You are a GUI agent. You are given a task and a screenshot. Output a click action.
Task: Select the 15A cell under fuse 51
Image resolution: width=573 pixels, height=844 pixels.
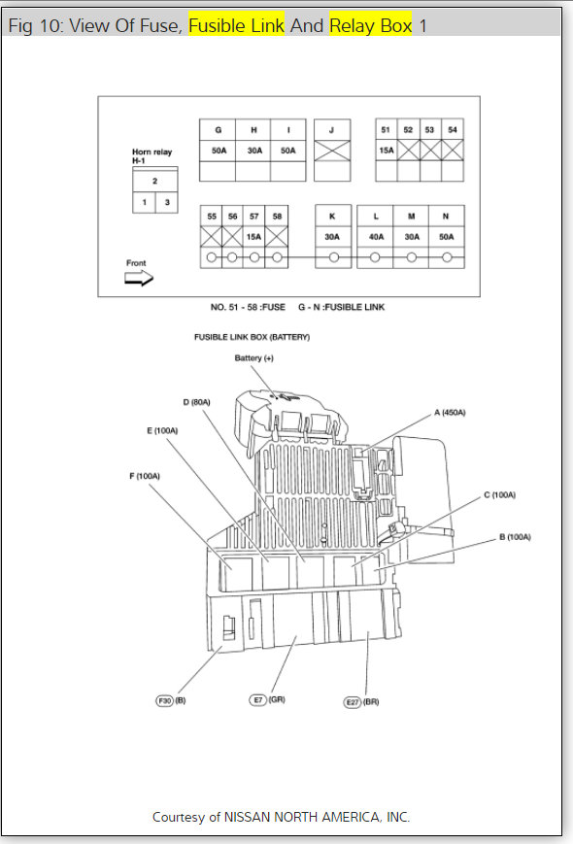pos(386,151)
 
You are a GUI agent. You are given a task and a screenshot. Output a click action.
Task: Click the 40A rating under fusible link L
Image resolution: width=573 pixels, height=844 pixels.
pos(376,236)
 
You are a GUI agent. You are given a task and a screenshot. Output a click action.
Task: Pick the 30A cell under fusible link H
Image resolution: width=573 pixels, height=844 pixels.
pos(253,151)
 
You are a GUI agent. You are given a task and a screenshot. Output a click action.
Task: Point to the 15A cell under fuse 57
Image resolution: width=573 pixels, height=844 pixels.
pos(253,236)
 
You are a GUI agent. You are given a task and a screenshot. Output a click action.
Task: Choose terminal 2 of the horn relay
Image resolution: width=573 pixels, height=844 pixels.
pos(154,181)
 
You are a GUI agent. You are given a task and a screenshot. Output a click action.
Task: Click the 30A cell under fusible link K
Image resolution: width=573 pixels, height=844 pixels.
pos(332,236)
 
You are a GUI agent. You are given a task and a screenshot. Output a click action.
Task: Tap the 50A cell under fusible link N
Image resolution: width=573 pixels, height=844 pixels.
pos(446,236)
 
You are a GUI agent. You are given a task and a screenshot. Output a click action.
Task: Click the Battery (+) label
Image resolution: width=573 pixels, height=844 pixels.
pos(254,358)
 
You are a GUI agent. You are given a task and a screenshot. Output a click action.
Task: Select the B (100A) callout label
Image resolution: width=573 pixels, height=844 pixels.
pos(516,537)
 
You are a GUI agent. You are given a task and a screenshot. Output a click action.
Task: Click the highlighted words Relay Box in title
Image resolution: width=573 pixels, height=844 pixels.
pos(371,25)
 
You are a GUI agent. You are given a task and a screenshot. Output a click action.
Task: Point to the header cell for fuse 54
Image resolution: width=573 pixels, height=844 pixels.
pos(452,129)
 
